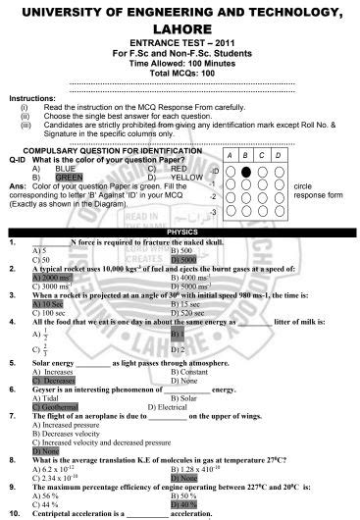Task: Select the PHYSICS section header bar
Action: [x=179, y=230]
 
